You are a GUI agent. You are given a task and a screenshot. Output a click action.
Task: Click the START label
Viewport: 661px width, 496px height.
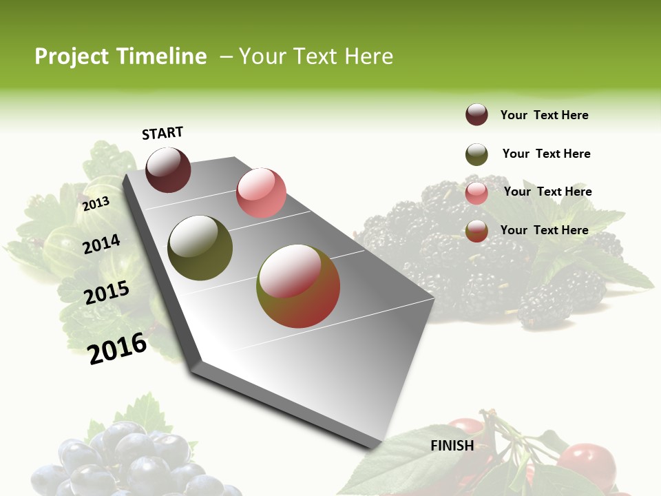tap(162, 132)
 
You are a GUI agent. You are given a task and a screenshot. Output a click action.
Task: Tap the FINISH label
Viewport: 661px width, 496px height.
tap(452, 446)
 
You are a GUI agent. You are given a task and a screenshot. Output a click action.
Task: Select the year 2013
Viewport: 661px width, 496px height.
tap(96, 204)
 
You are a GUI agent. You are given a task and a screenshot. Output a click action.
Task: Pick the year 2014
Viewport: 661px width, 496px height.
tap(101, 245)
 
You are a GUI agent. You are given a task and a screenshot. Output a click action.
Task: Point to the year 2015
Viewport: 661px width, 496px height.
tap(107, 293)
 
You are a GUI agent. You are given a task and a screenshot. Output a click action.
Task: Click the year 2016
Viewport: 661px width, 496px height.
tap(118, 348)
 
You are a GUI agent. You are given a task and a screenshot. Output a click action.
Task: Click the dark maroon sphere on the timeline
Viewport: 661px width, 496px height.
tap(168, 169)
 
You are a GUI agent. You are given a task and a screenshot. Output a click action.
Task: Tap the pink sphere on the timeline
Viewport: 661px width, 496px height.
tap(261, 193)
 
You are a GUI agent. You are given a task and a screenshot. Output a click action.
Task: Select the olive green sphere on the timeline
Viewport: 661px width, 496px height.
tap(200, 248)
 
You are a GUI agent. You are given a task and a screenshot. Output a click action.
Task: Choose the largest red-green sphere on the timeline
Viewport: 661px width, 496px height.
tap(298, 286)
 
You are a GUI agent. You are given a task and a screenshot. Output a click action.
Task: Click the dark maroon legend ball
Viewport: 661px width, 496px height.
tap(476, 114)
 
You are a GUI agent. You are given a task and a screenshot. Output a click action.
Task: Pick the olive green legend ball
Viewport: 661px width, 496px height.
tap(476, 154)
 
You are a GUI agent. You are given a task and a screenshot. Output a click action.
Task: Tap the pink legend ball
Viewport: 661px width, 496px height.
tap(476, 193)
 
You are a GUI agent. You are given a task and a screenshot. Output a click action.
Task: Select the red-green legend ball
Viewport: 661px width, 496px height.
tap(476, 231)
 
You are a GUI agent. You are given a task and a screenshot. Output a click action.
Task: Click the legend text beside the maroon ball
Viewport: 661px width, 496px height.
tap(544, 115)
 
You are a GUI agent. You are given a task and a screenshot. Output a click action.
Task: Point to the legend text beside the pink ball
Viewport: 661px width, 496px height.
tap(547, 192)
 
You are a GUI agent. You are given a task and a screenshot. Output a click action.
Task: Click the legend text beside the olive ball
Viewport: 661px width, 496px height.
tap(546, 154)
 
